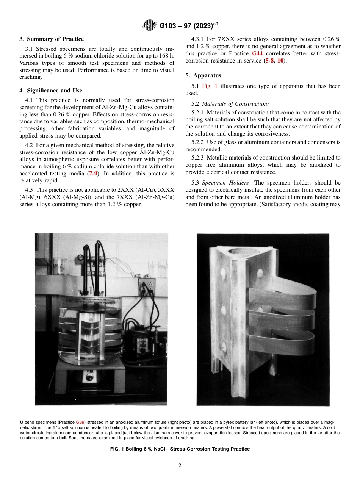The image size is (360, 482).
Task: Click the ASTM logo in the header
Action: tap(150, 26)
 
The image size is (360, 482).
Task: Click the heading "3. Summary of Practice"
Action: tap(52, 39)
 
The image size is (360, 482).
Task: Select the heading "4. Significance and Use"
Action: tap(51, 91)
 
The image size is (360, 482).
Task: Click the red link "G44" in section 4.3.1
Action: tap(257, 53)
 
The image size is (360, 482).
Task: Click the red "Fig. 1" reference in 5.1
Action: tap(210, 86)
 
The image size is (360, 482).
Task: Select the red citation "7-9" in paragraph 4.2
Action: tap(94, 173)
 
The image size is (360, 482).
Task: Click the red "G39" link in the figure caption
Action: tap(81, 422)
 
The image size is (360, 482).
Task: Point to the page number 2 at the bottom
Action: tap(180, 466)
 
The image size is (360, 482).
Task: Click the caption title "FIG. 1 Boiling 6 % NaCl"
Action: tap(180, 449)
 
